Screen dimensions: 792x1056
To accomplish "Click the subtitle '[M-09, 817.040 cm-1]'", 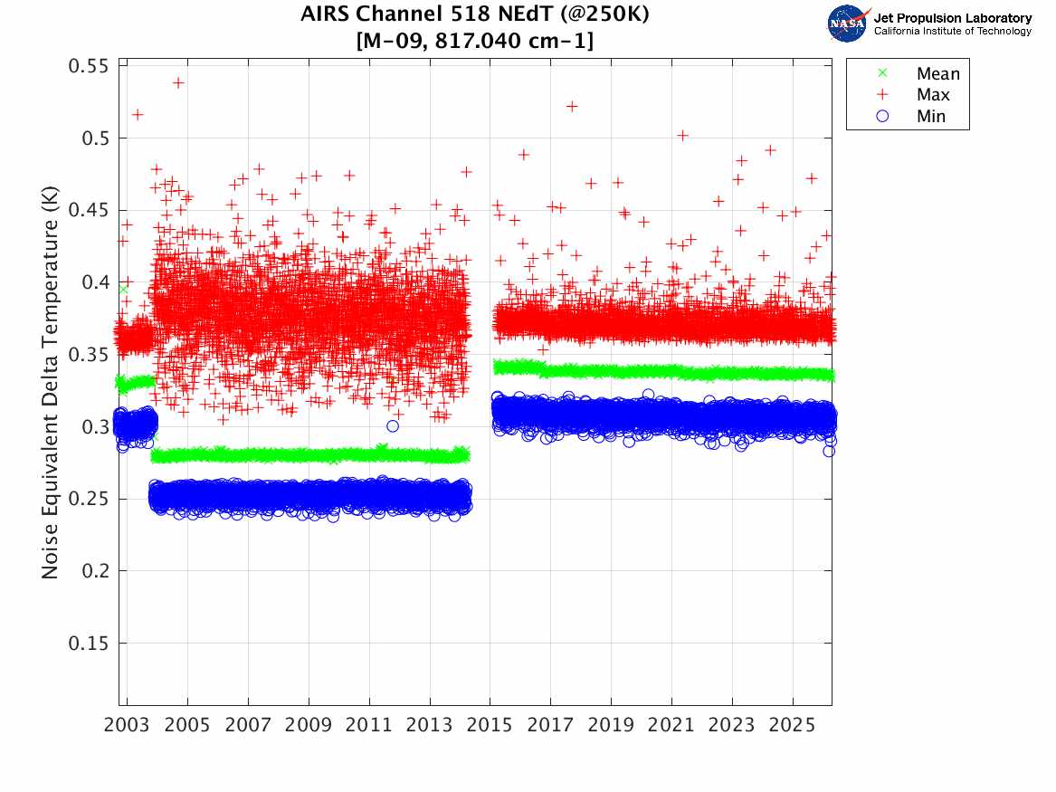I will pos(475,41).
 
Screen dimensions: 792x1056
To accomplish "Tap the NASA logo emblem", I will pos(847,24).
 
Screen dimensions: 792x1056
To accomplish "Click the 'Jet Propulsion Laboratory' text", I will pos(952,17).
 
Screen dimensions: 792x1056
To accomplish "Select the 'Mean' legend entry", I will pos(937,74).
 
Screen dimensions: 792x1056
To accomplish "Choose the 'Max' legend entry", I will pos(933,95).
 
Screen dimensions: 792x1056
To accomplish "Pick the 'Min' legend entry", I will pos(931,116).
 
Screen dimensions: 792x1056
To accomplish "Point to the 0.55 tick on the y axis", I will pos(87,66).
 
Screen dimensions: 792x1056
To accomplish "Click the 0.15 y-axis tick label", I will pos(87,644).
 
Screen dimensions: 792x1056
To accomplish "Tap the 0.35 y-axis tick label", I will pos(87,355).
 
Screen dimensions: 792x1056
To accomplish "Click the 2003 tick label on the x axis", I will pos(128,726).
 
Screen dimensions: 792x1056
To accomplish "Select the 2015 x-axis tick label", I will pos(490,726).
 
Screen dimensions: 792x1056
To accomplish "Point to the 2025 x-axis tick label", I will pos(793,726).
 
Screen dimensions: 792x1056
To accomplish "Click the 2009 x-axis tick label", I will pos(309,726).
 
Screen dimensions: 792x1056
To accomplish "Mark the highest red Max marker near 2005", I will pos(178,82).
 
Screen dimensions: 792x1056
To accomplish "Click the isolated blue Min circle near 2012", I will pos(392,426).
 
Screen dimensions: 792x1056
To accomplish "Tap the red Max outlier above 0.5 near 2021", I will pos(683,135).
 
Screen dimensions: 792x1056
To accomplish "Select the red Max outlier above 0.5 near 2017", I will pos(572,106).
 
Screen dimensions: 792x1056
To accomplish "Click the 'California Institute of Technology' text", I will pos(952,32).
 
